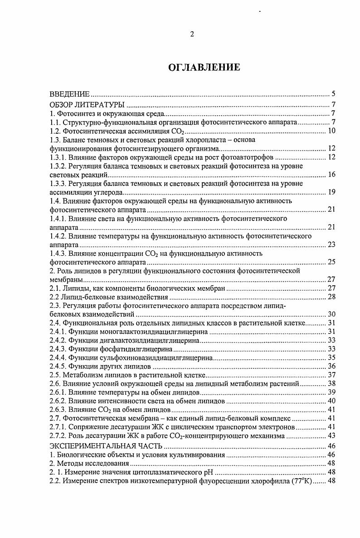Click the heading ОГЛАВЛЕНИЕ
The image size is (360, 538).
(x=204, y=68)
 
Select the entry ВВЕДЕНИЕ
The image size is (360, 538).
(x=69, y=94)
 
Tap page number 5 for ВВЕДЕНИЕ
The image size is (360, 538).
(x=333, y=94)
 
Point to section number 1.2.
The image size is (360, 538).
(x=55, y=131)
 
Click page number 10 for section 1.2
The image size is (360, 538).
(x=331, y=131)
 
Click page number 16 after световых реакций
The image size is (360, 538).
(x=331, y=175)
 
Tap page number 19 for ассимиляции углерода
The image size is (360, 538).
(x=331, y=192)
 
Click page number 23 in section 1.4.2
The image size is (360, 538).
(x=331, y=245)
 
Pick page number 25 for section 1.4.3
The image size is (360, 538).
(x=331, y=262)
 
